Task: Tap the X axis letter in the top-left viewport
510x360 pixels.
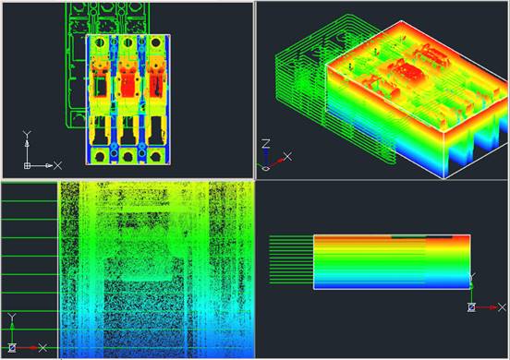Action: coord(57,165)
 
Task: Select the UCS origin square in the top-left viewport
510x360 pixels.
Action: coord(28,165)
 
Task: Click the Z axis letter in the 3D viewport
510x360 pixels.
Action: coord(265,143)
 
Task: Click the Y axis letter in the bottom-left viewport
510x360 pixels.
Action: coord(11,318)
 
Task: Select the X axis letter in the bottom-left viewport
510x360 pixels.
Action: coord(42,348)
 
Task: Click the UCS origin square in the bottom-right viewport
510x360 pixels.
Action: coord(471,306)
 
